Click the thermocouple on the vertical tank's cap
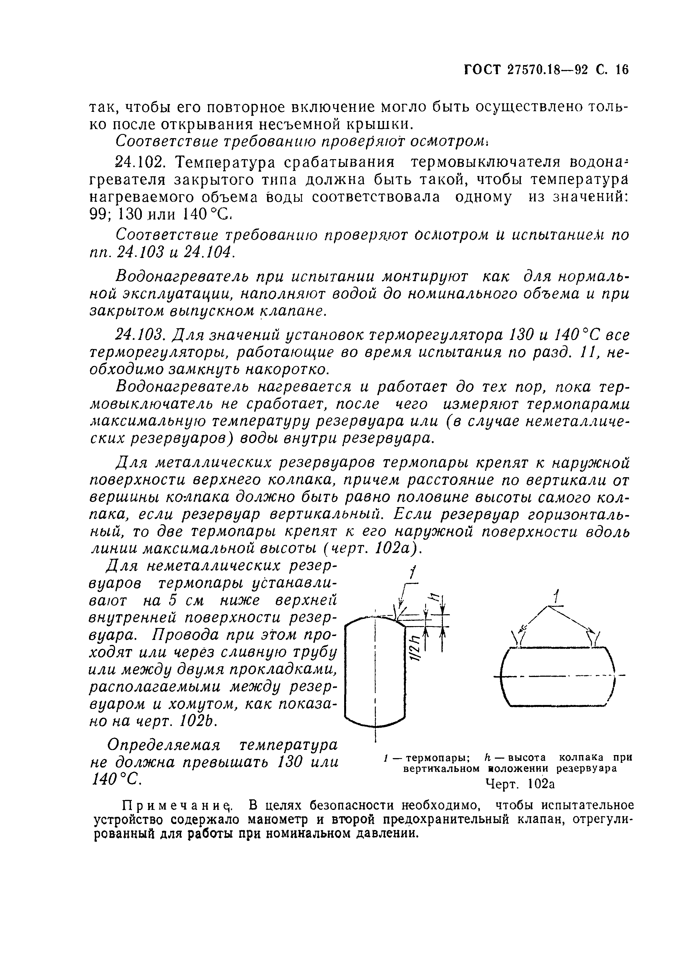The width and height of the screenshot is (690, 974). point(400,613)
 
